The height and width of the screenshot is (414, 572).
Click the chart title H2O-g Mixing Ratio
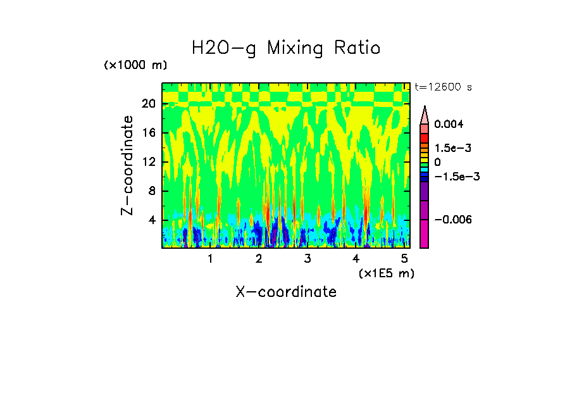(x=286, y=48)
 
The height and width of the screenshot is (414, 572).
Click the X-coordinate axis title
(x=286, y=292)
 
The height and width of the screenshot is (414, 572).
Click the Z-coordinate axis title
(x=128, y=165)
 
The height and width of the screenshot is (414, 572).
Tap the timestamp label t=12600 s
(x=443, y=87)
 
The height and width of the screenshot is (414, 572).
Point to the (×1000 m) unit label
(x=135, y=66)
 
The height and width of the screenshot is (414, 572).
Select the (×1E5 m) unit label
(x=387, y=273)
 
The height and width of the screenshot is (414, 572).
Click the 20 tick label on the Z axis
(x=149, y=104)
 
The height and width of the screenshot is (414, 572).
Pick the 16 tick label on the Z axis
(x=149, y=134)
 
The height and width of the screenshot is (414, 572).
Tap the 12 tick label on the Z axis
(x=149, y=162)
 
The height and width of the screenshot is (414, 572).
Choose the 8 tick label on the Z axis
(x=152, y=191)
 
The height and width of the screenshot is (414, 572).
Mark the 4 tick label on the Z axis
(x=152, y=220)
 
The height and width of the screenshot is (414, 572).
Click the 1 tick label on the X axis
(x=210, y=259)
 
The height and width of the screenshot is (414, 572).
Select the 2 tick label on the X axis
(x=259, y=259)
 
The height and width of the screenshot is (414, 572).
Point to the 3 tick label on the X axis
(x=307, y=259)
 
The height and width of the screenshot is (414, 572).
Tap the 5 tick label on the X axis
(x=404, y=259)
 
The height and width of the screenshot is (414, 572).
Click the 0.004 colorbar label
(x=449, y=124)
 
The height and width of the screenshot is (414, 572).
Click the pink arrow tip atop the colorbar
(x=425, y=114)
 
